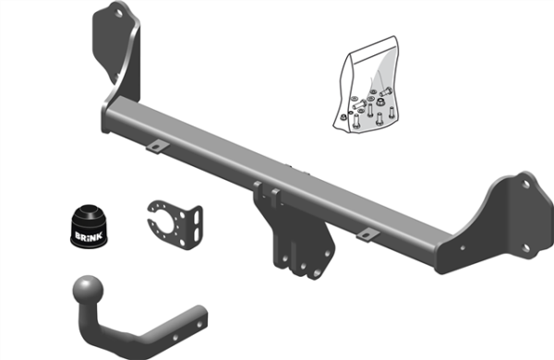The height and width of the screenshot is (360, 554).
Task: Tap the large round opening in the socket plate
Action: (x=170, y=222)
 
